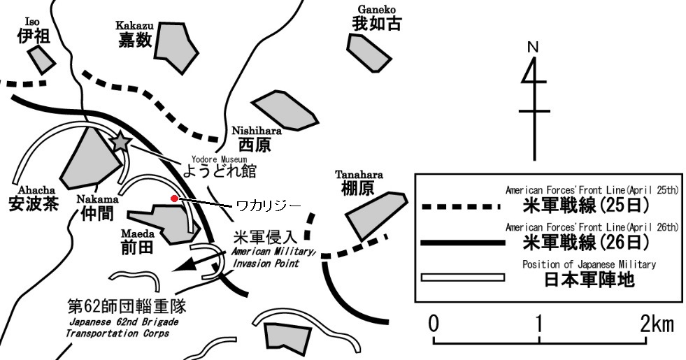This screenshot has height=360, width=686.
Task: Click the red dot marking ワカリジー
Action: click(174, 199)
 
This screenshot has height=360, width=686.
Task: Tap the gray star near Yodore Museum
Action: click(121, 142)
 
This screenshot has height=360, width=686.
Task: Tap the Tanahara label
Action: click(359, 182)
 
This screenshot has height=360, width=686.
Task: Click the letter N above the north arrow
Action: click(533, 48)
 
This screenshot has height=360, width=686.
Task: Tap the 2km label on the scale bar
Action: click(657, 324)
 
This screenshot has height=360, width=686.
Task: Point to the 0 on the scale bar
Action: click(434, 324)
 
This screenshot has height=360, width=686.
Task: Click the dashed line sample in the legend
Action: click(462, 206)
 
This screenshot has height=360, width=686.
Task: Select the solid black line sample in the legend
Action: click(462, 243)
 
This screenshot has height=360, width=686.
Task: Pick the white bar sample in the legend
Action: click(462, 278)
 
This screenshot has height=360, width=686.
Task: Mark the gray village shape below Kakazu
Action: click(174, 50)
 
